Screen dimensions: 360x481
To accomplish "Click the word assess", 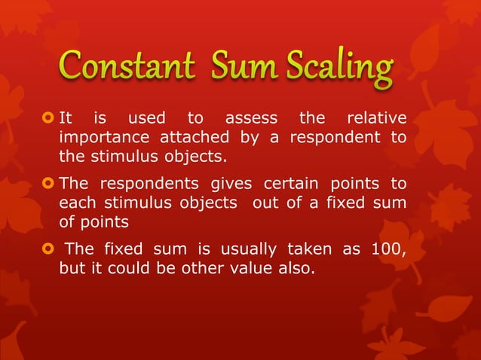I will (252, 118).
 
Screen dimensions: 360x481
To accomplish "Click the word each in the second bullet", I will (76, 203).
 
